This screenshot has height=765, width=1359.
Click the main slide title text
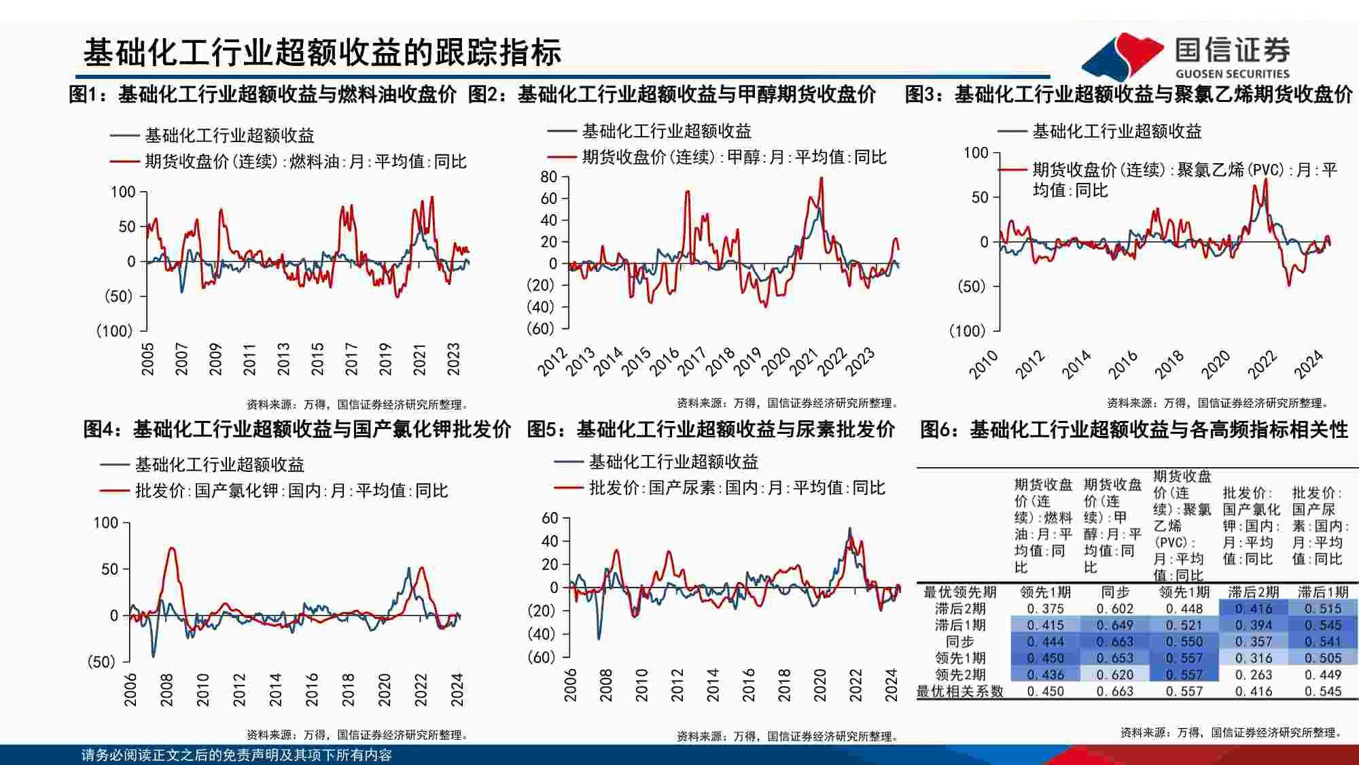point(322,53)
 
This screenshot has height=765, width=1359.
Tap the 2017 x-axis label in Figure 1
point(351,359)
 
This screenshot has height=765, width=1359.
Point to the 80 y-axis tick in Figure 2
point(548,177)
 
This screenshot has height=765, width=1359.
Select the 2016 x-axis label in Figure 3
point(1123,365)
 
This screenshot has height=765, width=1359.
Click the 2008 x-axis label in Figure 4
point(166,690)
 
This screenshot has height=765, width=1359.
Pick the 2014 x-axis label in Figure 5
point(712,685)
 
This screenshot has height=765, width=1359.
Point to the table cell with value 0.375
point(1045,609)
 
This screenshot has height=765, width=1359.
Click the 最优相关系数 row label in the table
point(959,692)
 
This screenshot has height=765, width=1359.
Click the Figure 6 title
point(1133,430)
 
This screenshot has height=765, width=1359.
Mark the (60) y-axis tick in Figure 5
point(542,658)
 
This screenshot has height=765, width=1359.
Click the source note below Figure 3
point(1217,403)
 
